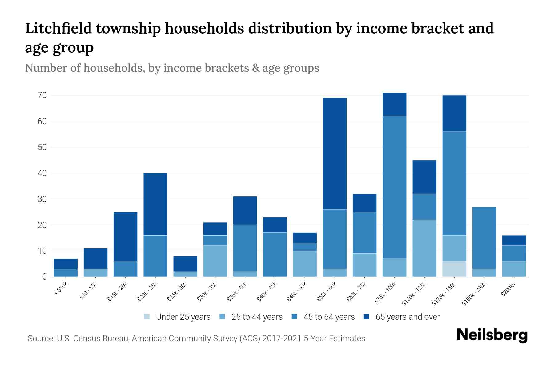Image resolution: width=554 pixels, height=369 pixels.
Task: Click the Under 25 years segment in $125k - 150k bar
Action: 454,269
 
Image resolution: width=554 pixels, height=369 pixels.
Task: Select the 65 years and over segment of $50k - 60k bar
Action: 335,154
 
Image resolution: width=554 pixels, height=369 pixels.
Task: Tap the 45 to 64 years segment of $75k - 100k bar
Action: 395,187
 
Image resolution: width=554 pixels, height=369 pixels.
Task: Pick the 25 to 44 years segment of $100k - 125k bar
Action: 424,248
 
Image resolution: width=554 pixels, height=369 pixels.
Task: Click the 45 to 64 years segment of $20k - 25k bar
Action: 155,256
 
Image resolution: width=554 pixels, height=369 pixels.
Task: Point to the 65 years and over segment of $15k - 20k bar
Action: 126,236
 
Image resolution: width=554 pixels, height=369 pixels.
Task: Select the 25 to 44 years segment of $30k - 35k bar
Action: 215,261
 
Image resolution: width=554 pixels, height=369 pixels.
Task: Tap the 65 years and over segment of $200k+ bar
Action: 514,240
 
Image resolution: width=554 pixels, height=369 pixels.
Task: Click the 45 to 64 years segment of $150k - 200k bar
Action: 484,238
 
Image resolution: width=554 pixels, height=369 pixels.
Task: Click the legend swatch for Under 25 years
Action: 147,317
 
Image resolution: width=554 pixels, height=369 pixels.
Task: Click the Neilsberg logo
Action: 492,335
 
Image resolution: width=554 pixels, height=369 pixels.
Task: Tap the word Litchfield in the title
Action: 58,28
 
